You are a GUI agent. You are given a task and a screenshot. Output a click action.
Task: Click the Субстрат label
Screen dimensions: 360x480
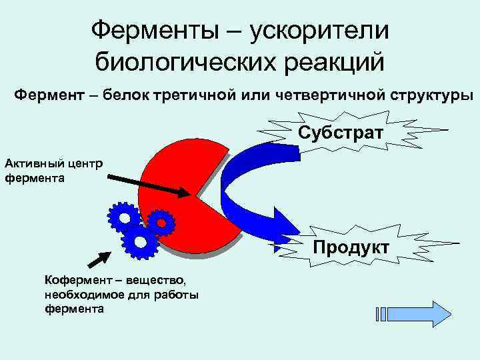click(x=341, y=132)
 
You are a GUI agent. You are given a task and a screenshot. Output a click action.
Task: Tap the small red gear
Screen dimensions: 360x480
click(x=161, y=223)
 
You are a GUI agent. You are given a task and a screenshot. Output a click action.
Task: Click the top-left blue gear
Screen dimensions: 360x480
click(x=123, y=217)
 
